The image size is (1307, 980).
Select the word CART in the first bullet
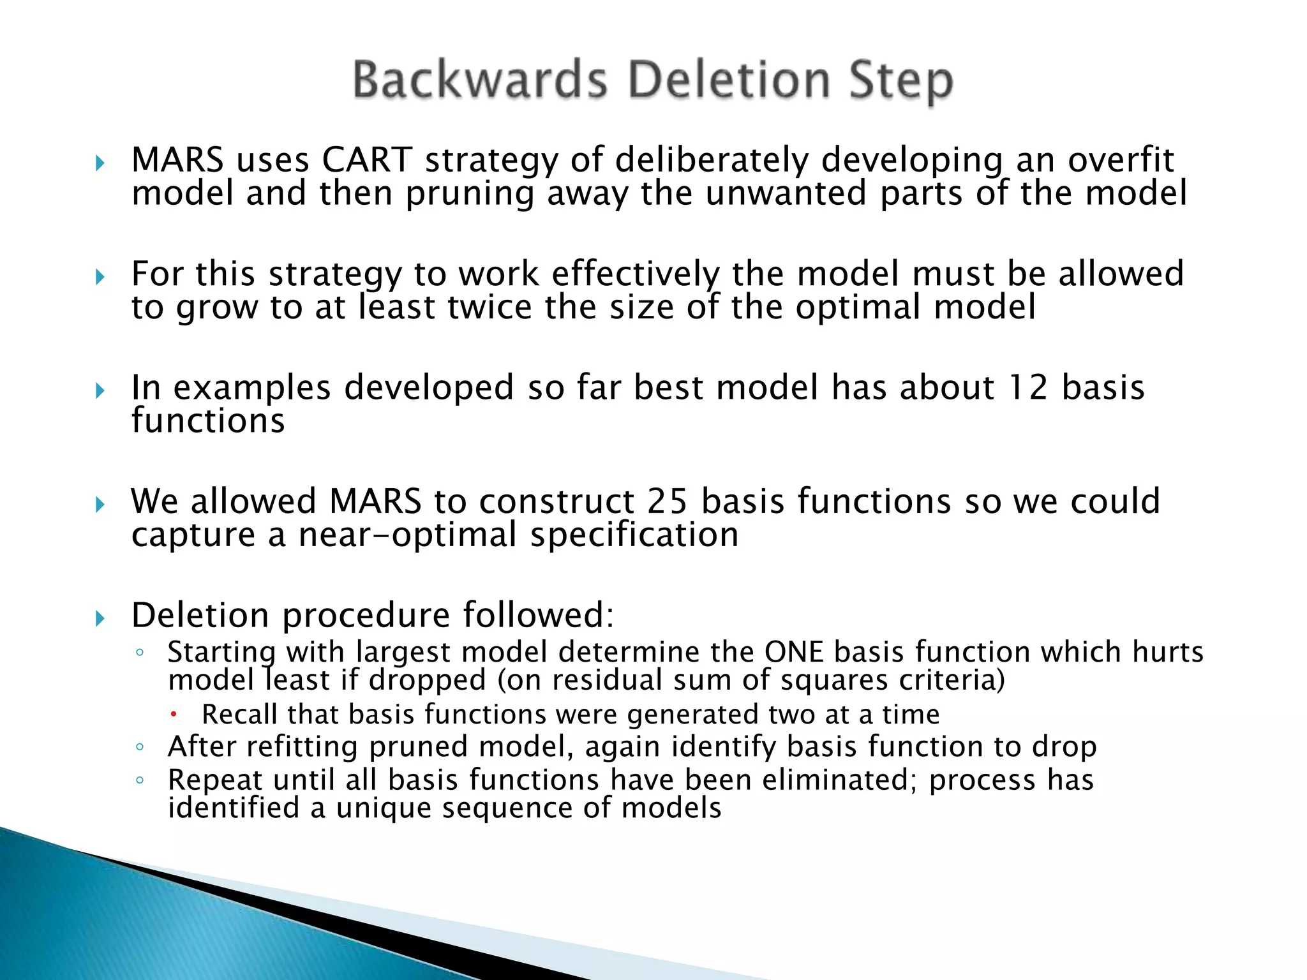[x=367, y=160]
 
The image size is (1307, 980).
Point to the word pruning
[x=470, y=194]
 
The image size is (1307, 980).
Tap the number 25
[x=667, y=501]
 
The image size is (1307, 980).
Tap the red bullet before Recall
[x=173, y=715]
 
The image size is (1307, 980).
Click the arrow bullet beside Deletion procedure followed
[x=100, y=618]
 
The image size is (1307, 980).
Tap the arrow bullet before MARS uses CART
[x=100, y=163]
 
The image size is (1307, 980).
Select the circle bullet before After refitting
[x=140, y=746]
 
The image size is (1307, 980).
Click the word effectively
[x=635, y=274]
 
